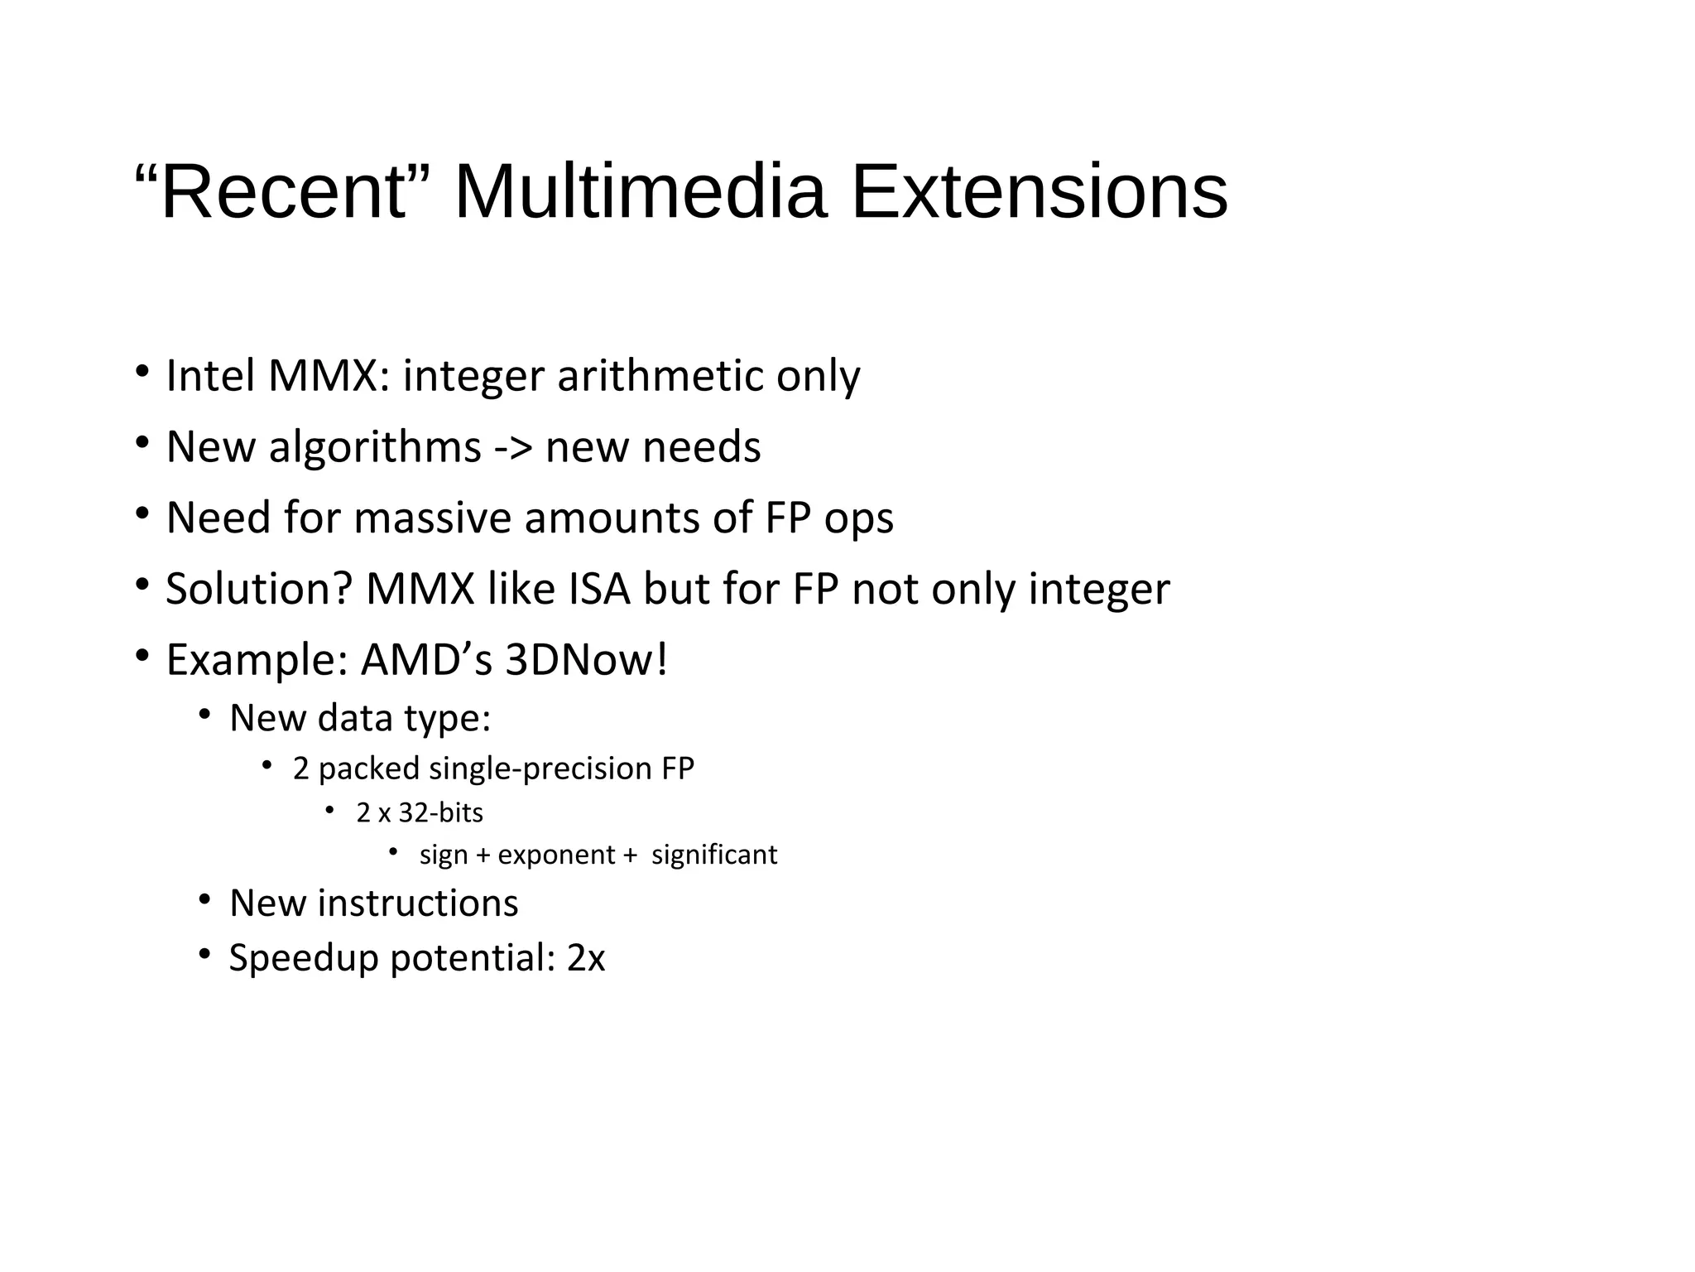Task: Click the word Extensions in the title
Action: tap(1040, 192)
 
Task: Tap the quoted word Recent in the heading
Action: tap(283, 192)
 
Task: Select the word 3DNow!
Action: tap(586, 660)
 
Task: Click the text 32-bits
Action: tap(440, 812)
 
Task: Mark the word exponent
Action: tap(556, 855)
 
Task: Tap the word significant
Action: tap(714, 855)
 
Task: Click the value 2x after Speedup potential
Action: tap(586, 958)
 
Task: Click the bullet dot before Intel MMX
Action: tap(142, 370)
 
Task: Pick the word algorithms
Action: tap(375, 448)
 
